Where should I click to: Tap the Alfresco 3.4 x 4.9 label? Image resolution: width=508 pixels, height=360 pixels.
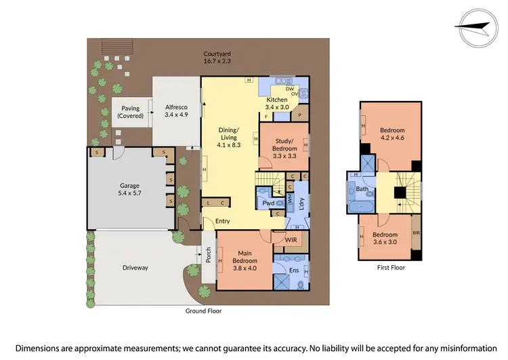point(175,111)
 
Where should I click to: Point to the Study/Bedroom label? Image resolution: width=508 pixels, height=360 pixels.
point(284,144)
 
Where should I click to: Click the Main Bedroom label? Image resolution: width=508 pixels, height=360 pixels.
point(245,257)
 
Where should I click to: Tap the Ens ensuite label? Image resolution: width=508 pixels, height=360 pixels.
point(294,271)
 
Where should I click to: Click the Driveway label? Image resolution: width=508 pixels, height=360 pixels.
point(135,267)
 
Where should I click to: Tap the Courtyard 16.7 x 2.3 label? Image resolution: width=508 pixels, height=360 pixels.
point(218,57)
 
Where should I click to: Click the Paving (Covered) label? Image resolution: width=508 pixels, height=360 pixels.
point(130,112)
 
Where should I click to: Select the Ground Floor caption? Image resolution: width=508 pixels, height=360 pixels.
point(203,311)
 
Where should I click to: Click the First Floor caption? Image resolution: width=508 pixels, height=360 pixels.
point(391,268)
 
